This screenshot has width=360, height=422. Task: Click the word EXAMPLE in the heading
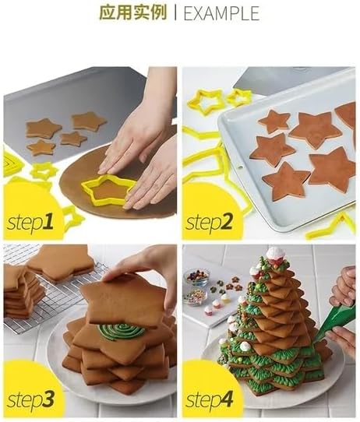click(221, 13)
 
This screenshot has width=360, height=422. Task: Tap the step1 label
click(31, 223)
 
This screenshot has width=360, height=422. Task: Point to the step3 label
click(31, 400)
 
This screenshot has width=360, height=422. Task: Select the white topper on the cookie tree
click(274, 255)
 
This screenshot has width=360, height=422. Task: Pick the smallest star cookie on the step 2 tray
click(274, 121)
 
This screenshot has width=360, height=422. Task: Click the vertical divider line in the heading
click(174, 13)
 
